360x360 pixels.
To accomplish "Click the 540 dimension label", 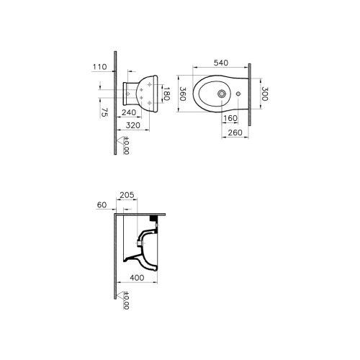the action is pyautogui.click(x=221, y=63).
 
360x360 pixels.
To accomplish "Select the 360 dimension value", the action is pyautogui.click(x=183, y=94).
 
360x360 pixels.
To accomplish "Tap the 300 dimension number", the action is pyautogui.click(x=264, y=94).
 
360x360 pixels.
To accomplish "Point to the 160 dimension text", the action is pyautogui.click(x=230, y=118).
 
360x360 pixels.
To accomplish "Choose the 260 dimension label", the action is pyautogui.click(x=235, y=132).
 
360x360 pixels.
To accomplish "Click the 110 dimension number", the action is pyautogui.click(x=100, y=67).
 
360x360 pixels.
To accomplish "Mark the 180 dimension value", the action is pyautogui.click(x=166, y=94).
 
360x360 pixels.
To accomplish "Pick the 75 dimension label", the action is pyautogui.click(x=104, y=112).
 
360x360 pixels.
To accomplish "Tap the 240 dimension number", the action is pyautogui.click(x=129, y=112).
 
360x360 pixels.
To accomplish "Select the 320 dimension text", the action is pyautogui.click(x=133, y=125).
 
